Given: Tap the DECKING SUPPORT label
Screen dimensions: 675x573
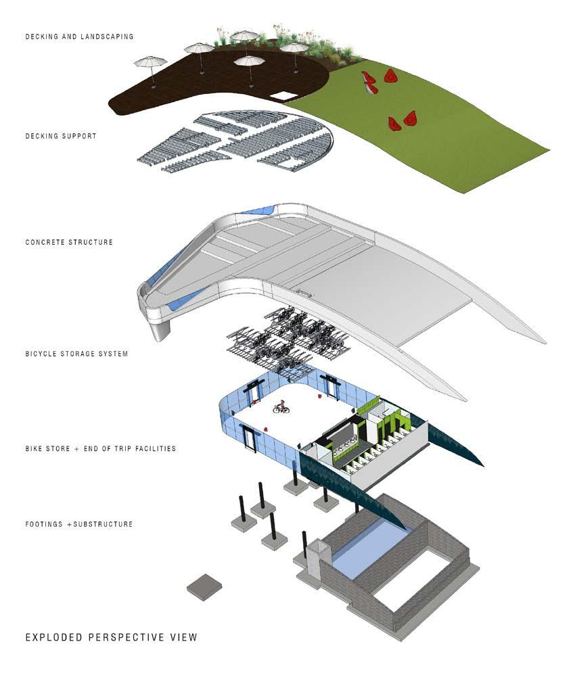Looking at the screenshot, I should click(x=61, y=136).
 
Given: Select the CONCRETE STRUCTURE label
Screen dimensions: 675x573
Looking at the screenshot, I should click(x=69, y=241).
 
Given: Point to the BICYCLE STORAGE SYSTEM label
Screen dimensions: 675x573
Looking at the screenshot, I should click(x=76, y=354).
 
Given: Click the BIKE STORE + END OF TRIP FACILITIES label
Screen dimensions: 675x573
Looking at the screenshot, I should click(x=101, y=448).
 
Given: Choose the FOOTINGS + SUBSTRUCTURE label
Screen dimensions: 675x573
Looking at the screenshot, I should click(x=79, y=524).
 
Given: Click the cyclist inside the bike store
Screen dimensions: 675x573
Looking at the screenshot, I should click(x=281, y=406).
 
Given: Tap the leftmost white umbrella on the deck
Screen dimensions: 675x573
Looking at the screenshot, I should click(x=150, y=63).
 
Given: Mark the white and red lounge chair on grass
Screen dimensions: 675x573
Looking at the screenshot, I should click(x=369, y=83).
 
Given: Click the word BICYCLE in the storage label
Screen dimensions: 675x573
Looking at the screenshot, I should click(x=41, y=354).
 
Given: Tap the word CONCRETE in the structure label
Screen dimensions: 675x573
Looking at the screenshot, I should click(x=46, y=241).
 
